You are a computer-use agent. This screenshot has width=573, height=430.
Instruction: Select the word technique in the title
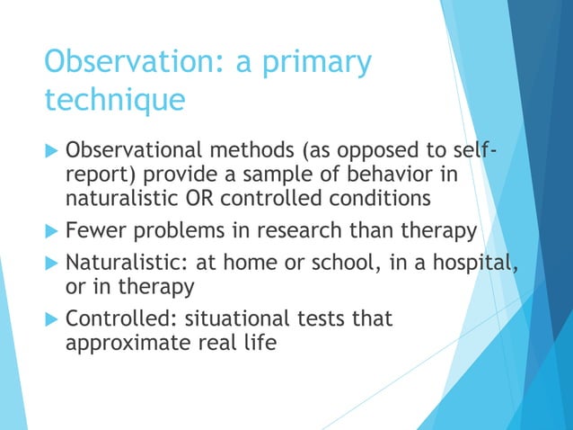coord(114,99)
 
